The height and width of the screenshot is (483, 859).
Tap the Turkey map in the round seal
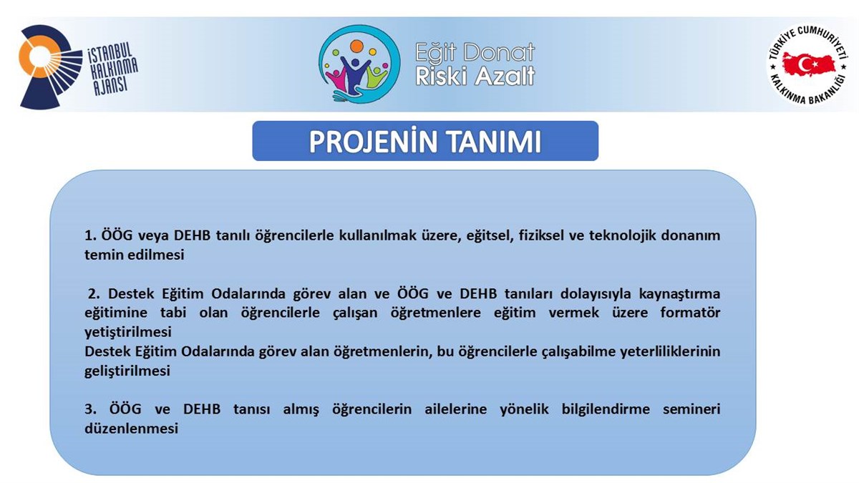809,65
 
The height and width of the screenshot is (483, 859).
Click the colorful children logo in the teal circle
359,64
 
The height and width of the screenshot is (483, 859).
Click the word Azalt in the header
505,76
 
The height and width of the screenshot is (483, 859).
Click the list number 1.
90,235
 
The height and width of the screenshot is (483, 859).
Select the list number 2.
94,293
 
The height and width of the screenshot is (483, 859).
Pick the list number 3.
90,409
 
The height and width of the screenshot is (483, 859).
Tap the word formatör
690,313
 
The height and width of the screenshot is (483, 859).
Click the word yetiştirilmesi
128,332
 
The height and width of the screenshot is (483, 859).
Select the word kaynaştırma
679,294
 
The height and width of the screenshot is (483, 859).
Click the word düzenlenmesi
132,428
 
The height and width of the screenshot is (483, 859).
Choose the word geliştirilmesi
127,371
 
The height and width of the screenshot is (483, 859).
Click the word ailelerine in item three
455,409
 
